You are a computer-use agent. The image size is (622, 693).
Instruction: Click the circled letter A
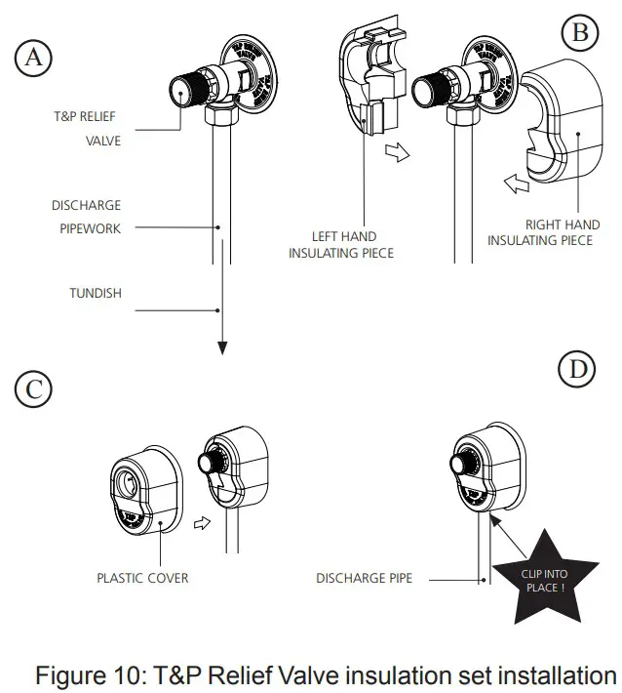click(x=34, y=59)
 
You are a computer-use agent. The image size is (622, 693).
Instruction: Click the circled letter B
click(x=581, y=35)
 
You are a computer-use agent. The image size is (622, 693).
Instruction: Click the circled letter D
click(x=577, y=370)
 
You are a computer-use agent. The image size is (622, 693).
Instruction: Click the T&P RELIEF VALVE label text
click(x=86, y=129)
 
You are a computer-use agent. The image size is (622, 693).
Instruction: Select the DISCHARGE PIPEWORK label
click(x=86, y=217)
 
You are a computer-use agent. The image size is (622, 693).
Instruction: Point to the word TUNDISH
click(x=96, y=293)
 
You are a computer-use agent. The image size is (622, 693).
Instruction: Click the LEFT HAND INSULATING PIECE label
click(x=343, y=244)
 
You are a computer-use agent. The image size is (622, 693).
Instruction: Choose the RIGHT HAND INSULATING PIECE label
click(x=540, y=232)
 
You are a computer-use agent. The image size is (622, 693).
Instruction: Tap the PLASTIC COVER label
click(x=142, y=578)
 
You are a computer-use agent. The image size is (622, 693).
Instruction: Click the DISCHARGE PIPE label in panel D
click(x=364, y=578)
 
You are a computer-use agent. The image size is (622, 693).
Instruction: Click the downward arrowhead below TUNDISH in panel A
click(x=223, y=346)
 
